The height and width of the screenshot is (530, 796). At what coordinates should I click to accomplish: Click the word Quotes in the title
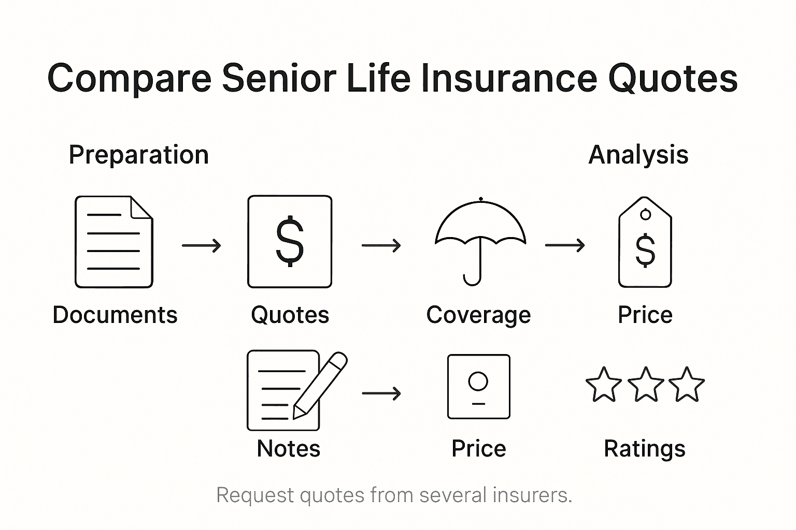click(672, 79)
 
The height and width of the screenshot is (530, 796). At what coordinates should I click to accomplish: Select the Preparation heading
click(138, 155)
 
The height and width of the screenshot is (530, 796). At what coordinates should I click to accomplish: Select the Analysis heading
click(638, 155)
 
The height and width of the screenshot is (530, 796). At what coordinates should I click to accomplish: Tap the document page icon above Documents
click(114, 242)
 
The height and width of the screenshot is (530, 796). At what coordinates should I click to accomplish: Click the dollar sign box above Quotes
click(290, 242)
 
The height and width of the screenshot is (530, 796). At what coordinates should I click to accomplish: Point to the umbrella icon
click(480, 228)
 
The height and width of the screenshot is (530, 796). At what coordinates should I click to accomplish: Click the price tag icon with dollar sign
click(645, 243)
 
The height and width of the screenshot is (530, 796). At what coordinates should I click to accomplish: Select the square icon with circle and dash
click(478, 387)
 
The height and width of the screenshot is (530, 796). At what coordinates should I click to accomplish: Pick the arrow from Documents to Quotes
click(202, 245)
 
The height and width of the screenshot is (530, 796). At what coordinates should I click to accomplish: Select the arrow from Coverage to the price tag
click(565, 245)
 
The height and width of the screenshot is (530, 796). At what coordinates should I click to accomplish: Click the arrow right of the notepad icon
click(381, 393)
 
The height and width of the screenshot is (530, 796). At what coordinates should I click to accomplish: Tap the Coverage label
click(478, 315)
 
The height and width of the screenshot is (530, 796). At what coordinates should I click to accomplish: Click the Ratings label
click(645, 449)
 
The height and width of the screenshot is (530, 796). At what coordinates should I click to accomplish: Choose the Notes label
click(289, 449)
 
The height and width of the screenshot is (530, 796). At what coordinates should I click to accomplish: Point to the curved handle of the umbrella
click(472, 280)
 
